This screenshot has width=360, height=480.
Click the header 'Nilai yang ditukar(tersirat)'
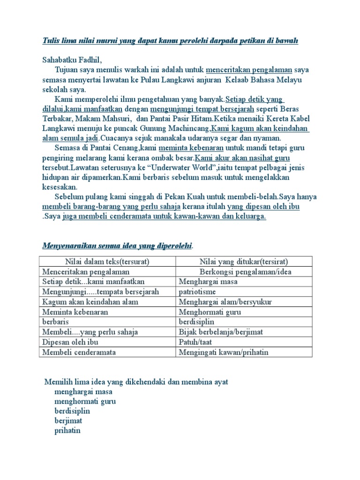coord(244,262)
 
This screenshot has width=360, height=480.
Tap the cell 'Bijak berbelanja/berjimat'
coord(221,332)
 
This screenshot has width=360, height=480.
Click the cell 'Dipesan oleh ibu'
coord(71,342)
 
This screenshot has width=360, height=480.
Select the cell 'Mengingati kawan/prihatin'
coord(224,352)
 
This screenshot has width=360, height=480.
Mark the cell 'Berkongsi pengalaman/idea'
coord(244,271)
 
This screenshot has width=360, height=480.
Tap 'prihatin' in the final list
coord(67,430)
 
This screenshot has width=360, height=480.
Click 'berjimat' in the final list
coord(68,420)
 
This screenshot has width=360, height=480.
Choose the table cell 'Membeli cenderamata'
coord(79,352)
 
